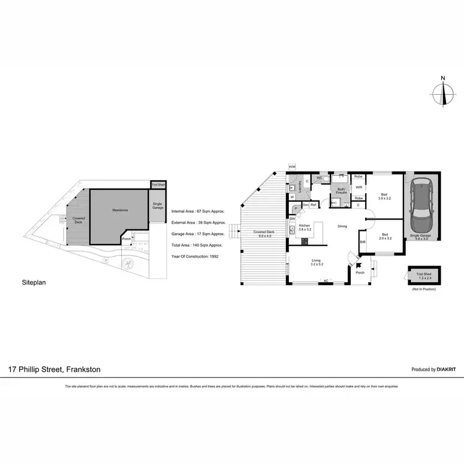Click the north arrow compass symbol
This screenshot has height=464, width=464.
(443, 92)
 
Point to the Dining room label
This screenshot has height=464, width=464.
(342, 226)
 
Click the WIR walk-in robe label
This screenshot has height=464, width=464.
(358, 187)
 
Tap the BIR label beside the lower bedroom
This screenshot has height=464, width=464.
(363, 242)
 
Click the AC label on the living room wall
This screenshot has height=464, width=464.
(326, 281)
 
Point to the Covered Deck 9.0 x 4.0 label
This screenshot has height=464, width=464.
(264, 233)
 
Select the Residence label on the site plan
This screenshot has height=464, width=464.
(120, 211)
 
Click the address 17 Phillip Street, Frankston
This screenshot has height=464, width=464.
(54, 369)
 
